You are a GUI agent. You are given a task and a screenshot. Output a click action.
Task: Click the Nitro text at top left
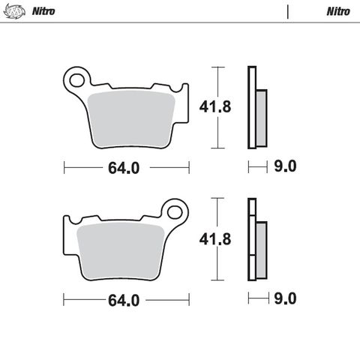click(43, 11)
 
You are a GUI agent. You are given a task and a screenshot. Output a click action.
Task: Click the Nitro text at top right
click(337, 11)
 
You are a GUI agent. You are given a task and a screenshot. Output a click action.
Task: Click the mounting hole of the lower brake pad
click(177, 209)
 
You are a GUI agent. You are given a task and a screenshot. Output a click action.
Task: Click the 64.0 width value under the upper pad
click(124, 168)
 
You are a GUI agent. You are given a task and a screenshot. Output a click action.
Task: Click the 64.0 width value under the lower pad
click(124, 300)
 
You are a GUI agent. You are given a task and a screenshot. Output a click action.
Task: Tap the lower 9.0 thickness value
click(287, 298)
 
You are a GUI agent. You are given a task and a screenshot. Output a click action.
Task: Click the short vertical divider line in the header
click(288, 11)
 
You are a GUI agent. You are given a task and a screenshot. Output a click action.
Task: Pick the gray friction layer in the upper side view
click(260, 118)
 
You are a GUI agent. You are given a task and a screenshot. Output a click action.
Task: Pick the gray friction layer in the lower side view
click(260, 249)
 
